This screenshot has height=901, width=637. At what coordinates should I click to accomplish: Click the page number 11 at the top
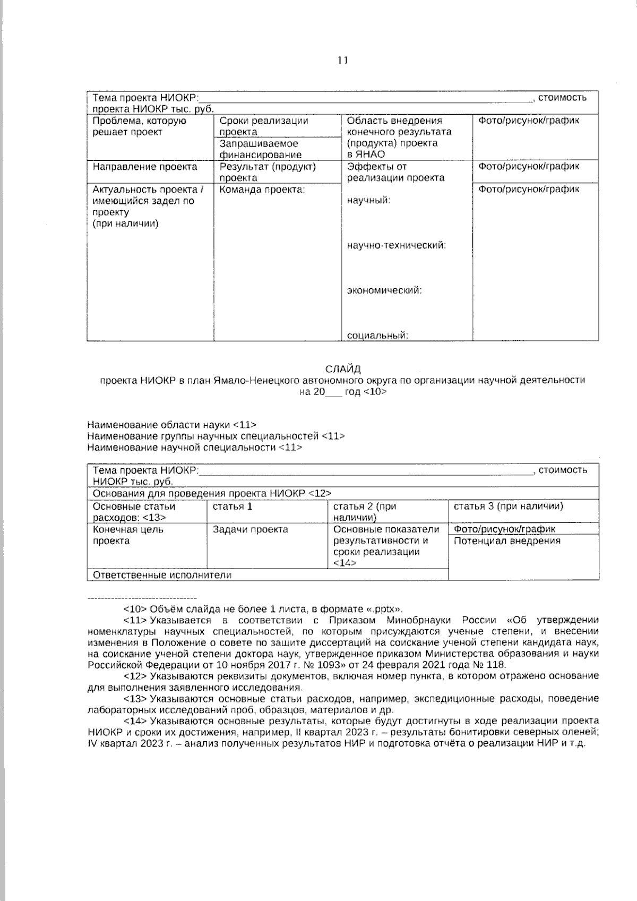click(x=342, y=61)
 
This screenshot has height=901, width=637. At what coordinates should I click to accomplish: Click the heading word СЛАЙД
click(x=342, y=368)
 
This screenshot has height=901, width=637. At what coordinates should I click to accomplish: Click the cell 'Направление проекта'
click(x=144, y=167)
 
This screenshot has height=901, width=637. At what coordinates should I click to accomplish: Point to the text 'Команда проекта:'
click(x=262, y=190)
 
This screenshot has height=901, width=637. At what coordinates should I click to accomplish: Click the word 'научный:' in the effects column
click(x=368, y=201)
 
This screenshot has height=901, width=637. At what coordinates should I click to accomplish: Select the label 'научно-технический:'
click(x=396, y=246)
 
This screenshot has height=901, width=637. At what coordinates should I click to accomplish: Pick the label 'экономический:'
click(x=384, y=290)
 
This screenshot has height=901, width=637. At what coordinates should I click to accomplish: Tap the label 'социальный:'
click(x=377, y=336)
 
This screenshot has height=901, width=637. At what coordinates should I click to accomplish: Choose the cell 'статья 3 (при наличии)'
click(x=508, y=506)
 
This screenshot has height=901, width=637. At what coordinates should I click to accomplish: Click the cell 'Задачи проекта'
click(x=250, y=529)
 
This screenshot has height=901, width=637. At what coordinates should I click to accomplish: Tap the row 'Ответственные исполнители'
click(x=162, y=575)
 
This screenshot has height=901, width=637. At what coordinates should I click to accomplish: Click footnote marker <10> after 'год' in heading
click(x=375, y=392)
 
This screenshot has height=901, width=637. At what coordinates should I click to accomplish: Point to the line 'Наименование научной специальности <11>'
click(x=194, y=448)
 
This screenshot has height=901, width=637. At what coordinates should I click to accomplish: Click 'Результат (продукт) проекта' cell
click(x=268, y=172)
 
